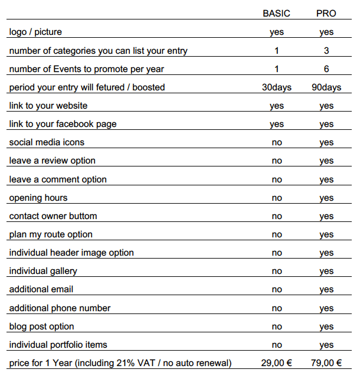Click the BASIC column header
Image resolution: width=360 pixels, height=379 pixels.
276,14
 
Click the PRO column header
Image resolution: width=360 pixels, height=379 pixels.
326,14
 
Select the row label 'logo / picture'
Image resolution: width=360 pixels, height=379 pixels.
35,32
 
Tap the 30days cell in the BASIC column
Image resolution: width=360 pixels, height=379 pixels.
276,87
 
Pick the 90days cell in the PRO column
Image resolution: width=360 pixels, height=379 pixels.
326,87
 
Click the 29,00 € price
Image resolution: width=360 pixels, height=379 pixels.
276,363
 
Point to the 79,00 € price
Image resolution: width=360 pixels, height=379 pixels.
326,363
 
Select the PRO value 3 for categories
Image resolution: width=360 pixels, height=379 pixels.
326,51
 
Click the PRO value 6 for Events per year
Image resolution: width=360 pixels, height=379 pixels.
326,69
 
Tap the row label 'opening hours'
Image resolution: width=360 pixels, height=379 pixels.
38,198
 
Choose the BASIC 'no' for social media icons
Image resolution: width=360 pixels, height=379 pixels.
276,143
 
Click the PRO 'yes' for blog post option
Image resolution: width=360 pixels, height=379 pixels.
326,326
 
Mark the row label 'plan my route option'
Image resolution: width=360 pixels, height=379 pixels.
51,234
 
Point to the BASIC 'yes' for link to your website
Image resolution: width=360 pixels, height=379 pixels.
276,106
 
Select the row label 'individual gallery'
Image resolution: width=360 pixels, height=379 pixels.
43,271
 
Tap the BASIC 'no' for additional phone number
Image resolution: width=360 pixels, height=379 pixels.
276,308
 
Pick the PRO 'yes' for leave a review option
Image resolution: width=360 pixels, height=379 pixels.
326,161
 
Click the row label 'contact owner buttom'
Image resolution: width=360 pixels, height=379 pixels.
53,216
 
